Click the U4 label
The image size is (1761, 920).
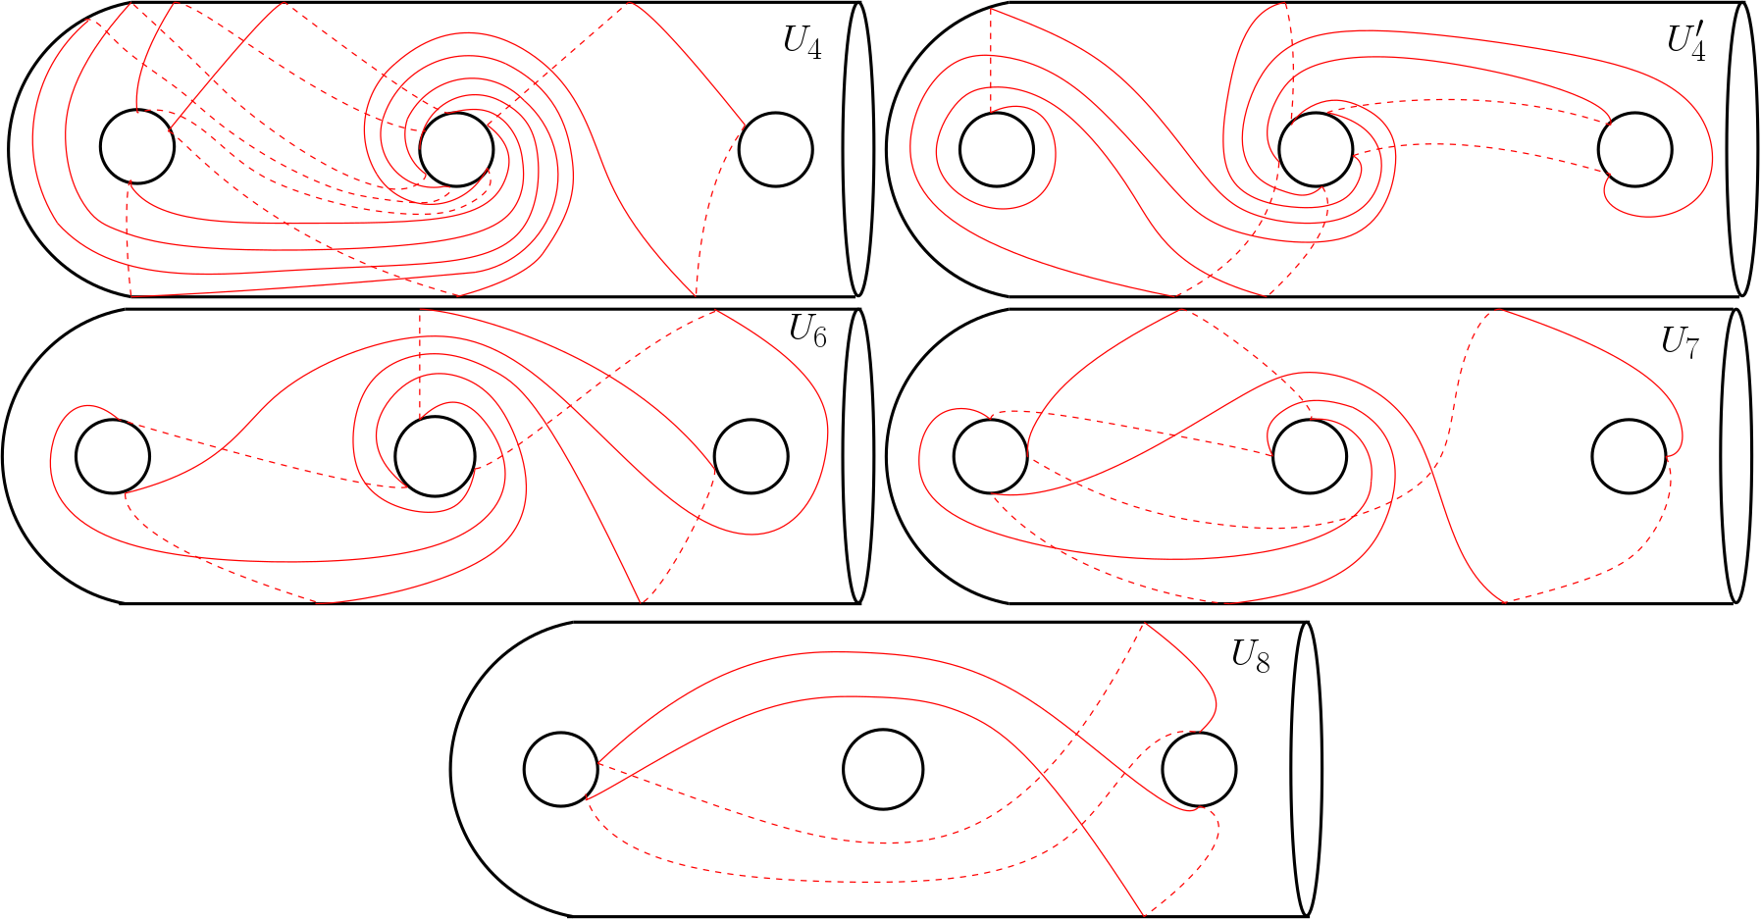tap(802, 43)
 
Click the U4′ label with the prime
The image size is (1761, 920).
tap(1686, 41)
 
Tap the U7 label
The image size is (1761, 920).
tap(1680, 341)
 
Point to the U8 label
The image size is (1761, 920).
tap(1251, 656)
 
